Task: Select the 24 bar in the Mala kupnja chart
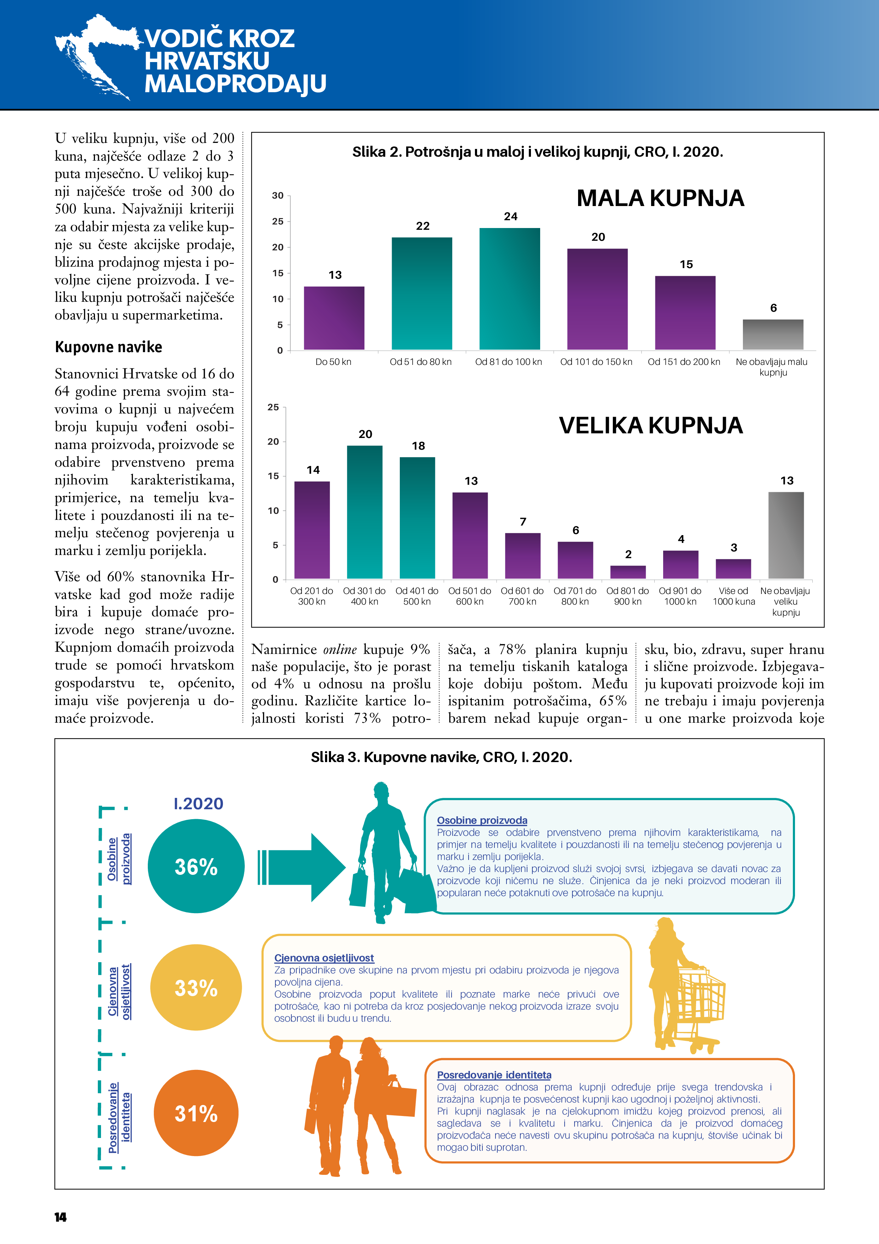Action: coord(510,289)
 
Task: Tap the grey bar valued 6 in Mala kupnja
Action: coord(773,334)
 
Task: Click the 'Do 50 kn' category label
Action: coord(333,362)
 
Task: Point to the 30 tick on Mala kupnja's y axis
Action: coord(278,196)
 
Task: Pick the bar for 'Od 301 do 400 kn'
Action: coord(364,512)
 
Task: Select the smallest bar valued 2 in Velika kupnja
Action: coord(628,572)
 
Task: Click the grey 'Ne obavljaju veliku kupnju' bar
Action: coord(786,535)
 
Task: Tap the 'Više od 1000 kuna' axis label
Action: coord(733,596)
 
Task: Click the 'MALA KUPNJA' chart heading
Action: coord(660,198)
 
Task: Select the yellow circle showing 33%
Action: coord(196,988)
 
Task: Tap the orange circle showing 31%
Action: coord(196,1114)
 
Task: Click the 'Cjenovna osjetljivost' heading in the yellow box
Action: coord(324,958)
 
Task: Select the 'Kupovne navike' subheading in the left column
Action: coord(108,347)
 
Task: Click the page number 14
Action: coord(60,1217)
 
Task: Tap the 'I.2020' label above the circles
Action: coord(198,804)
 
